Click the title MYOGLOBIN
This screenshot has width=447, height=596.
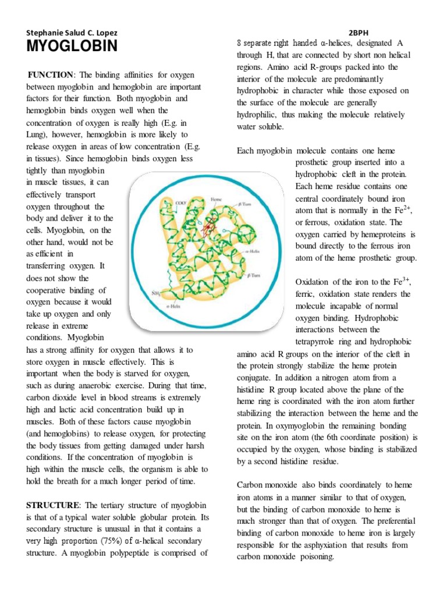[71, 47]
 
